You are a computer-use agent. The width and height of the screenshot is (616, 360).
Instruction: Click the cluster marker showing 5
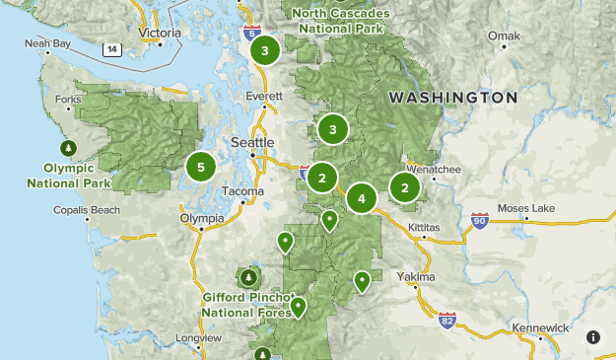[201, 167]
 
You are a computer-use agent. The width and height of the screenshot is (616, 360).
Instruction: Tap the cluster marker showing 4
[362, 198]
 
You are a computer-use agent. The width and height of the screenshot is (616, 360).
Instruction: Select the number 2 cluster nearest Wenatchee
[404, 187]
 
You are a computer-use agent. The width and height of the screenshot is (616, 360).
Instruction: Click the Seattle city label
[252, 142]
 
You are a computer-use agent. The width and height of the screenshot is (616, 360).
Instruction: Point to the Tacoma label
[244, 191]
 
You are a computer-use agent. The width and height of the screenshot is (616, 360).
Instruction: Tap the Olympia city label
[202, 218]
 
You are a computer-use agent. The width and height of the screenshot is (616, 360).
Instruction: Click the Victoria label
[161, 33]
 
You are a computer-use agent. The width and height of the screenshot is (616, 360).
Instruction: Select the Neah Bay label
[47, 44]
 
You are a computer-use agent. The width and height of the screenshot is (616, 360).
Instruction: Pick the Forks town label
[69, 100]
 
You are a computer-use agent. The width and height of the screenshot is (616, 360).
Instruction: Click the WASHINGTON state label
[452, 98]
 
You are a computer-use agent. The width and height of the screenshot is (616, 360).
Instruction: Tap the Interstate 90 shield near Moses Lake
[480, 219]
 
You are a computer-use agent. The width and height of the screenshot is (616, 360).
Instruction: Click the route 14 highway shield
[112, 48]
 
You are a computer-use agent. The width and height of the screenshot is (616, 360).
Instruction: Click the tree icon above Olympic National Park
[68, 148]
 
